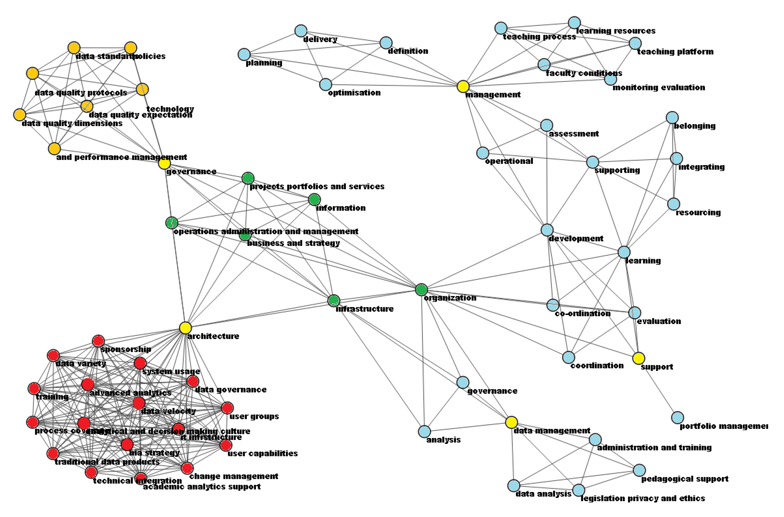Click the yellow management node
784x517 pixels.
click(463, 86)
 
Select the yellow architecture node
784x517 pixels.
click(185, 328)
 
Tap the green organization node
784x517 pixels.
click(421, 289)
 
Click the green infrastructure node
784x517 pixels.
click(334, 300)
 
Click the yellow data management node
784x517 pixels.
click(511, 422)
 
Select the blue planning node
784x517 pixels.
click(244, 54)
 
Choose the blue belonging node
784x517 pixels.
click(672, 117)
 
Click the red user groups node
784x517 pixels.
click(227, 408)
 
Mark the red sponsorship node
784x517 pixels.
click(98, 341)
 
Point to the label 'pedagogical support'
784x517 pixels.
click(685, 479)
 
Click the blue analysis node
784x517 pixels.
click(425, 431)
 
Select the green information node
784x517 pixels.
click(314, 199)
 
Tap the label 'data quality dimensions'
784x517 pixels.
click(72, 124)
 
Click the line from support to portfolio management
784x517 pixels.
click(658, 388)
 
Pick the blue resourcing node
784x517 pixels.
click(673, 204)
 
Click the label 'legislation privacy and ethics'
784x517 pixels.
click(643, 498)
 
